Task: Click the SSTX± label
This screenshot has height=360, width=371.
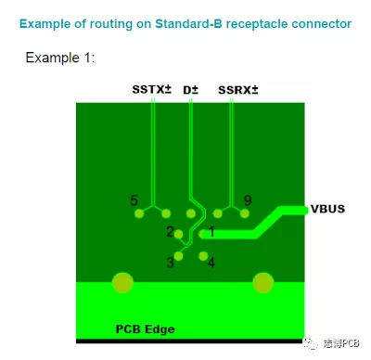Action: point(150,90)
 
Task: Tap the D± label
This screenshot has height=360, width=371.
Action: point(191,90)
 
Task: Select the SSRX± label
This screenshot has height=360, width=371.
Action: point(237,90)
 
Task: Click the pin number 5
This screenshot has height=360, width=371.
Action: point(134,200)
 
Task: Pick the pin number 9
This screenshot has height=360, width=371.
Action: point(246,200)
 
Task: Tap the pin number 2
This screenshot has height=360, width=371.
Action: point(170,231)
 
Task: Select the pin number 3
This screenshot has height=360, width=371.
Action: point(170,263)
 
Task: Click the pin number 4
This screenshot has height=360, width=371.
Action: point(211,263)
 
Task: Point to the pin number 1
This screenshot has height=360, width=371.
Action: point(211,231)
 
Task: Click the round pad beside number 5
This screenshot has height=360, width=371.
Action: point(139,214)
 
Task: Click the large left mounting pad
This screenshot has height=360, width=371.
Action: point(122,282)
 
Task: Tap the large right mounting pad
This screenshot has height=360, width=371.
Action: point(263,282)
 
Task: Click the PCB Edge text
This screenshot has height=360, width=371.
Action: point(145,328)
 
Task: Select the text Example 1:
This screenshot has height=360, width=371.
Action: point(60,58)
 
